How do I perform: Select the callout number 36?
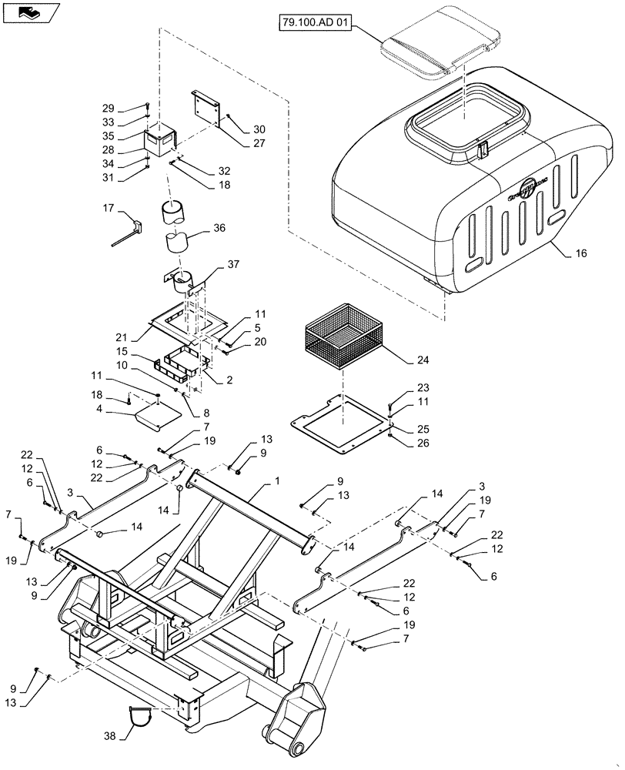pyautogui.click(x=219, y=228)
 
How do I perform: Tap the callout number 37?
pyautogui.click(x=234, y=265)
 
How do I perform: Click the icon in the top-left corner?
pyautogui.click(x=30, y=12)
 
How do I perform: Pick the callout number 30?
pyautogui.click(x=259, y=129)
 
